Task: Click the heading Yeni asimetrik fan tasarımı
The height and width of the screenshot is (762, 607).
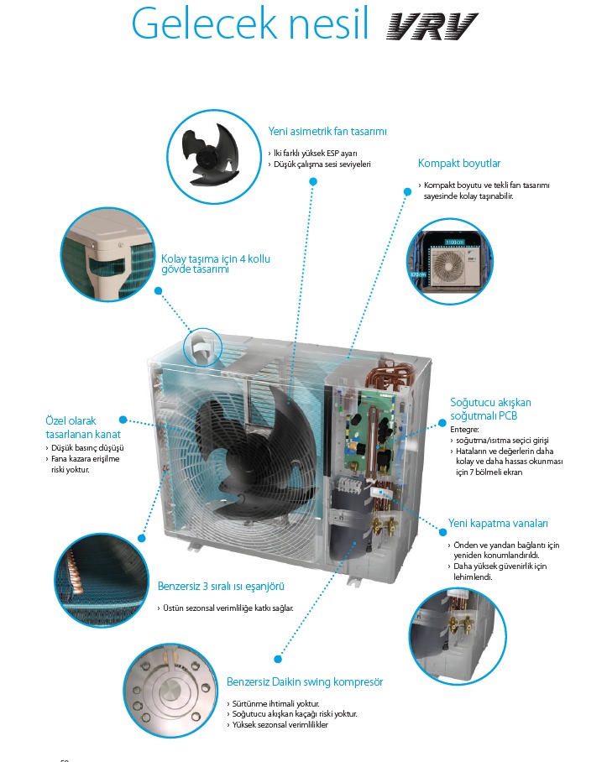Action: coord(327,132)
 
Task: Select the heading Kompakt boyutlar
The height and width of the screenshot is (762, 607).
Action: coord(458,164)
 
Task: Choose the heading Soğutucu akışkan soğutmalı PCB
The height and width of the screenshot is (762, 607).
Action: coord(490,408)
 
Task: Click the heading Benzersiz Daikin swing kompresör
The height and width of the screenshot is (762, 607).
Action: coord(305,681)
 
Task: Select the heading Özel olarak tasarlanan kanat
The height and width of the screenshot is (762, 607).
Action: coord(82,428)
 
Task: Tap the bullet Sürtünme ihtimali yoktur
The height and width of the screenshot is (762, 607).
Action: coord(275,702)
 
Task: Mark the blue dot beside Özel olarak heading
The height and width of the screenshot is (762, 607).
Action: coord(123,419)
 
